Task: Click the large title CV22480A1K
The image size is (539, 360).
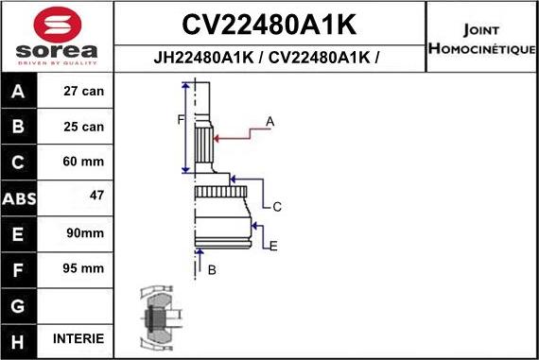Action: (268, 22)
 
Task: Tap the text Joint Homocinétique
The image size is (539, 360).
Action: (481, 37)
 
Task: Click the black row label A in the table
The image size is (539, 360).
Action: (19, 93)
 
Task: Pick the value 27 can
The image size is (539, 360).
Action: (83, 93)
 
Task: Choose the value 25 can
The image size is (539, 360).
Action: (83, 127)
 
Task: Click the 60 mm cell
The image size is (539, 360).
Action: (83, 162)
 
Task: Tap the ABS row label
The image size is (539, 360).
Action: (19, 198)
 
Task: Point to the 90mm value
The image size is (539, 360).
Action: (83, 232)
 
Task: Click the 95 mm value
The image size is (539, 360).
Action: (83, 268)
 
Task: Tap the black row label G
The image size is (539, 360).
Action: (19, 304)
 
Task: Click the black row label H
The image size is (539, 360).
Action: (19, 339)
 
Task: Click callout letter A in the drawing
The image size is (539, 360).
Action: (269, 121)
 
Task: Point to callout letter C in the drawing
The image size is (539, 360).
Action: (277, 206)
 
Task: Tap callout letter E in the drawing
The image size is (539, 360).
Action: (273, 247)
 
